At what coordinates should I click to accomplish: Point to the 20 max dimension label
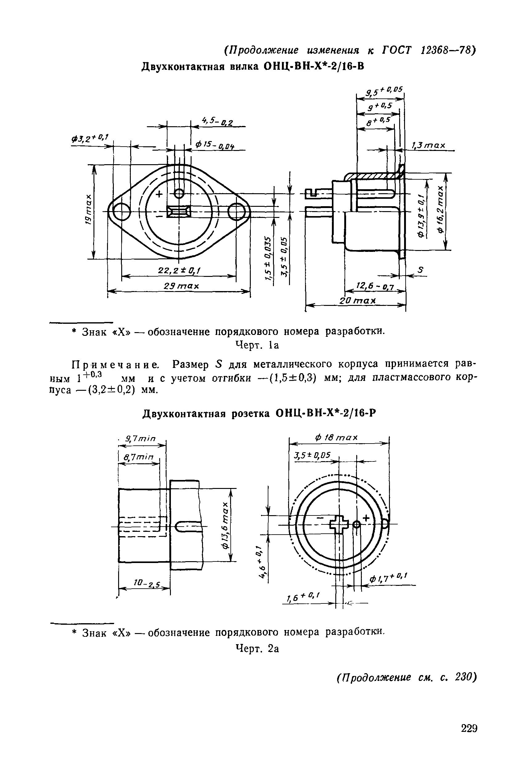(358, 301)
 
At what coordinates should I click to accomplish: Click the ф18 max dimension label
(336, 438)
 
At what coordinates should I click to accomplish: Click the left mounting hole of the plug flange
(121, 212)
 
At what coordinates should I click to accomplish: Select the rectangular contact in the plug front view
(179, 212)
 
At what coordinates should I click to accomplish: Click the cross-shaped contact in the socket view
(339, 525)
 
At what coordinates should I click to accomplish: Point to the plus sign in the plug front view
(159, 193)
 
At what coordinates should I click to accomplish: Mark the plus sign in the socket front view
(366, 518)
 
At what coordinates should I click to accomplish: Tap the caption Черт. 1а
(257, 345)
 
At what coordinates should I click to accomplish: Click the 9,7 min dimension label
(141, 439)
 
